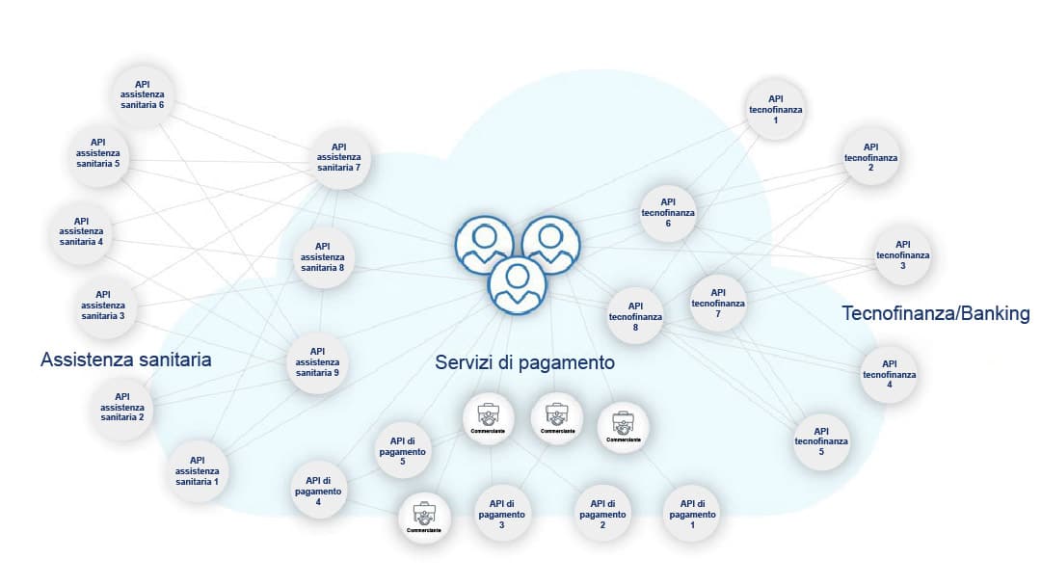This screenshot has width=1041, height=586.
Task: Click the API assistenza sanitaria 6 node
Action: click(142, 94)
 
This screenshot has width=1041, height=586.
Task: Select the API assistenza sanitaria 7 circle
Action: click(338, 158)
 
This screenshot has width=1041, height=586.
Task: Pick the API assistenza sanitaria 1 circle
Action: click(198, 470)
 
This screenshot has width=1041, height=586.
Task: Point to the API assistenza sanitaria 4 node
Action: click(81, 231)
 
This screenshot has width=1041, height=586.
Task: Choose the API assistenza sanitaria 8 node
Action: click(322, 256)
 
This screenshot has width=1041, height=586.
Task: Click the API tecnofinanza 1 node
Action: click(776, 109)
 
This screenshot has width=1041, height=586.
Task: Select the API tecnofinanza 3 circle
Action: click(903, 254)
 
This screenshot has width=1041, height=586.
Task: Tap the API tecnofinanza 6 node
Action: click(668, 212)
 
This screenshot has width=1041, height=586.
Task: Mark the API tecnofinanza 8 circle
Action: click(636, 314)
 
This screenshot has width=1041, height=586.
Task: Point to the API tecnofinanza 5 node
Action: click(821, 440)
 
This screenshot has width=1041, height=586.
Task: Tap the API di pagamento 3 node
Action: click(502, 514)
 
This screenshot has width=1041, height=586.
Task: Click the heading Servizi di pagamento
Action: click(524, 362)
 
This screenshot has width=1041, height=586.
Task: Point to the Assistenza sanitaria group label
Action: click(125, 360)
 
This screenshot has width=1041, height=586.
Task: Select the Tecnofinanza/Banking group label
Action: click(936, 313)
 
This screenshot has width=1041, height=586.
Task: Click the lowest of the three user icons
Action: click(518, 285)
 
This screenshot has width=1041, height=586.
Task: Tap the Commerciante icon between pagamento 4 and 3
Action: click(425, 518)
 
